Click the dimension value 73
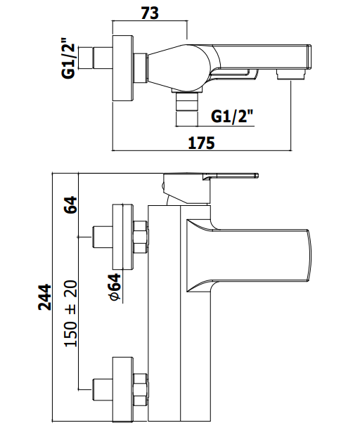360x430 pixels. [x=150, y=13]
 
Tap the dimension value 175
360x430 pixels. [x=201, y=143]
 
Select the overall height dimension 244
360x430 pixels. [x=45, y=297]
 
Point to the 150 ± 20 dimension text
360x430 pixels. [x=70, y=313]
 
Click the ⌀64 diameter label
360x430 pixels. [x=115, y=287]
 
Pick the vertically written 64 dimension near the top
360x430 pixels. [x=70, y=204]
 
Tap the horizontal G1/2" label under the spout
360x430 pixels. [x=232, y=117]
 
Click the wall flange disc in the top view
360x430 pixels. [x=123, y=68]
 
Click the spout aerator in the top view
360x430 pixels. [x=291, y=74]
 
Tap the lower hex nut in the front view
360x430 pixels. [x=140, y=389]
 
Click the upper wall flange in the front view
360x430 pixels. [x=123, y=236]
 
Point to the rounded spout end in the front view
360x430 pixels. [x=308, y=256]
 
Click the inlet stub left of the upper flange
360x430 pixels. [x=103, y=236]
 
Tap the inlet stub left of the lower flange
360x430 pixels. [x=103, y=389]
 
